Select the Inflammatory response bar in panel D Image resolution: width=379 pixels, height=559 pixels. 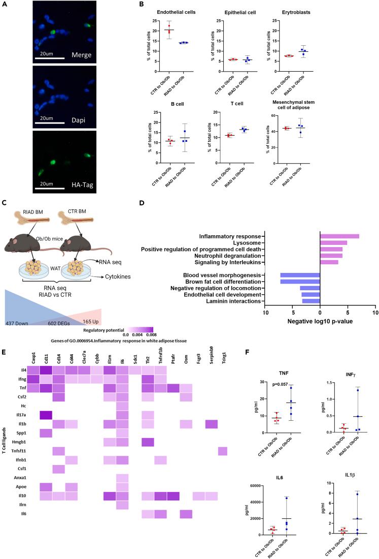pos(339,236)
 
